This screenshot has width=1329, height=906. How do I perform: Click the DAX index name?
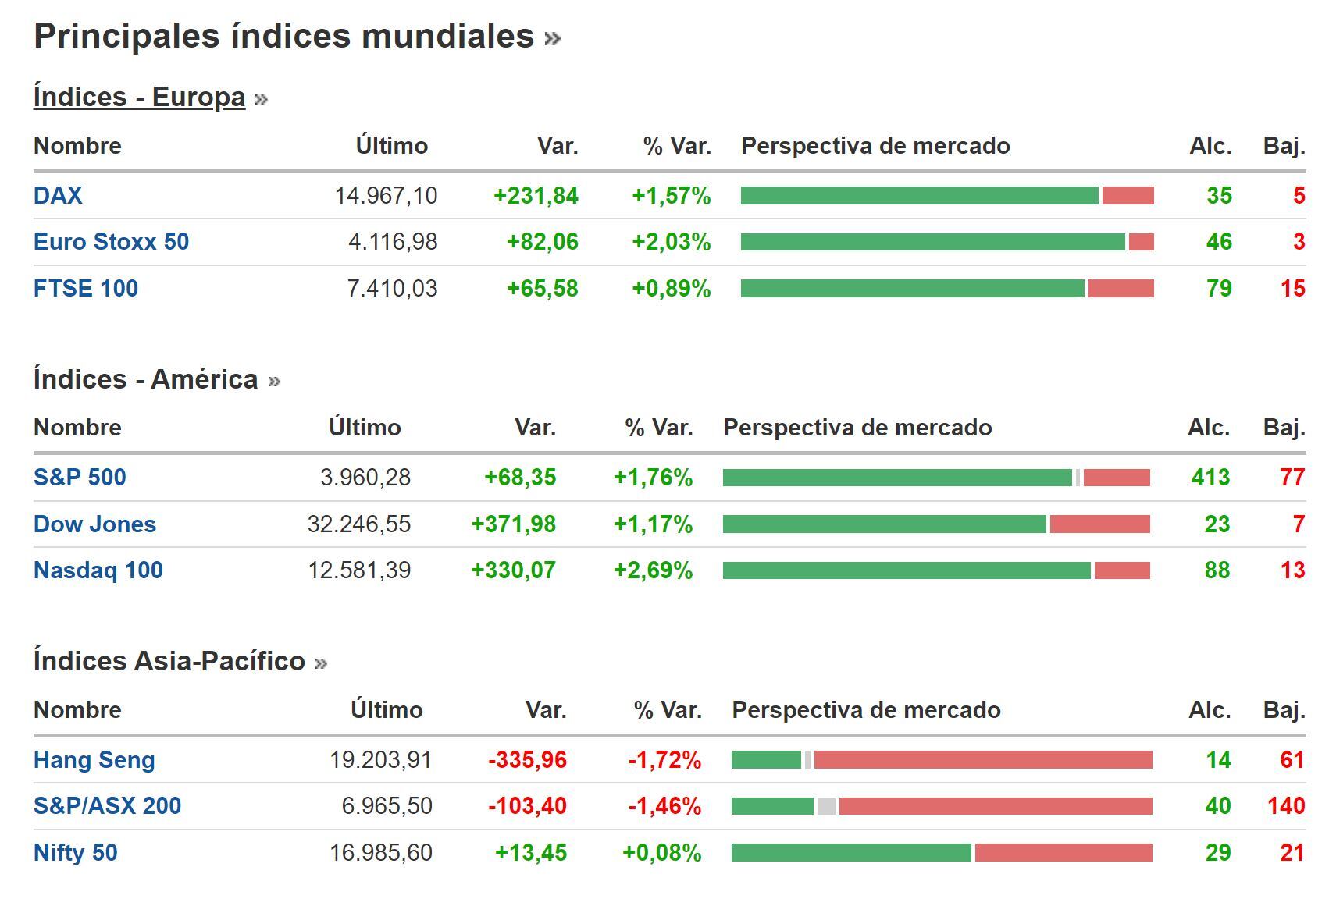pyautogui.click(x=58, y=195)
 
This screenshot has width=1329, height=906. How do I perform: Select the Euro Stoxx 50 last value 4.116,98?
pyautogui.click(x=393, y=242)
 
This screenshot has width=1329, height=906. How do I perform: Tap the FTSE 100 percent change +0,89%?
pyautogui.click(x=671, y=289)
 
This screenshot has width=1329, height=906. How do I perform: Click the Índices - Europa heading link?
pyautogui.click(x=139, y=97)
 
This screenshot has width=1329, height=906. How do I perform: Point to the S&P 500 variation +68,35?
pyautogui.click(x=520, y=478)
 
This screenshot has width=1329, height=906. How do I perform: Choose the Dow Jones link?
pyautogui.click(x=94, y=524)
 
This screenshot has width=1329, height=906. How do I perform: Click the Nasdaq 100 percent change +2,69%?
pyautogui.click(x=653, y=570)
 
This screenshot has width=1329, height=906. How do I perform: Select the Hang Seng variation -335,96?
pyautogui.click(x=527, y=760)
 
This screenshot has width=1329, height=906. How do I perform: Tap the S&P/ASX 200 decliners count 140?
pyautogui.click(x=1286, y=806)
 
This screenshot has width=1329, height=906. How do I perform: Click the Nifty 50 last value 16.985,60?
pyautogui.click(x=381, y=853)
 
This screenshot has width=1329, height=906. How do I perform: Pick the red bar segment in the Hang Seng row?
pyautogui.click(x=982, y=760)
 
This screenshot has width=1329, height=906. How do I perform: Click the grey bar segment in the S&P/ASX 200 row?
pyautogui.click(x=826, y=806)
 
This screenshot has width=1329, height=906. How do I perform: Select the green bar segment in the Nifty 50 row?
pyautogui.click(x=851, y=853)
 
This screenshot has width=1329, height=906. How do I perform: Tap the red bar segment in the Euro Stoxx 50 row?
pyautogui.click(x=1141, y=242)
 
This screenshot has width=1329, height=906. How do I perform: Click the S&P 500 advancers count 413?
pyautogui.click(x=1210, y=478)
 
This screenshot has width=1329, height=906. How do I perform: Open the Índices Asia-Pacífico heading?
pyautogui.click(x=169, y=661)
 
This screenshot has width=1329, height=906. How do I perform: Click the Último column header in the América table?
pyautogui.click(x=365, y=428)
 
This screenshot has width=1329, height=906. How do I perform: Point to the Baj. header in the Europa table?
pyautogui.click(x=1284, y=146)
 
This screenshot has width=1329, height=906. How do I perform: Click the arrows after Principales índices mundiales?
pyautogui.click(x=552, y=37)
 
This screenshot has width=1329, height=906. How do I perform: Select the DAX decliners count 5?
pyautogui.click(x=1299, y=195)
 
